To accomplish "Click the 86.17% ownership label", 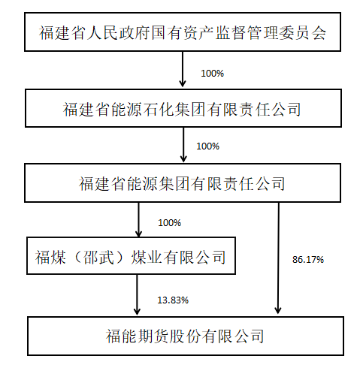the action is (308, 260).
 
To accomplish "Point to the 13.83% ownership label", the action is (173, 300).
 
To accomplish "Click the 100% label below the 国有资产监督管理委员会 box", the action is (212, 74).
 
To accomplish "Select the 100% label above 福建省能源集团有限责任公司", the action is (207, 146).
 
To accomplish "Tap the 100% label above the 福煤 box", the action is (169, 223).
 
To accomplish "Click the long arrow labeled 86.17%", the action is (278, 258).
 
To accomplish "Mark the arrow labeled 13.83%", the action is (137, 294).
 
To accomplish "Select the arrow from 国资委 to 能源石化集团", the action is (183, 69).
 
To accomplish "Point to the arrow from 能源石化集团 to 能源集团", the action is (183, 145).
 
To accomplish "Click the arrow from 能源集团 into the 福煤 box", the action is (138, 219).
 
